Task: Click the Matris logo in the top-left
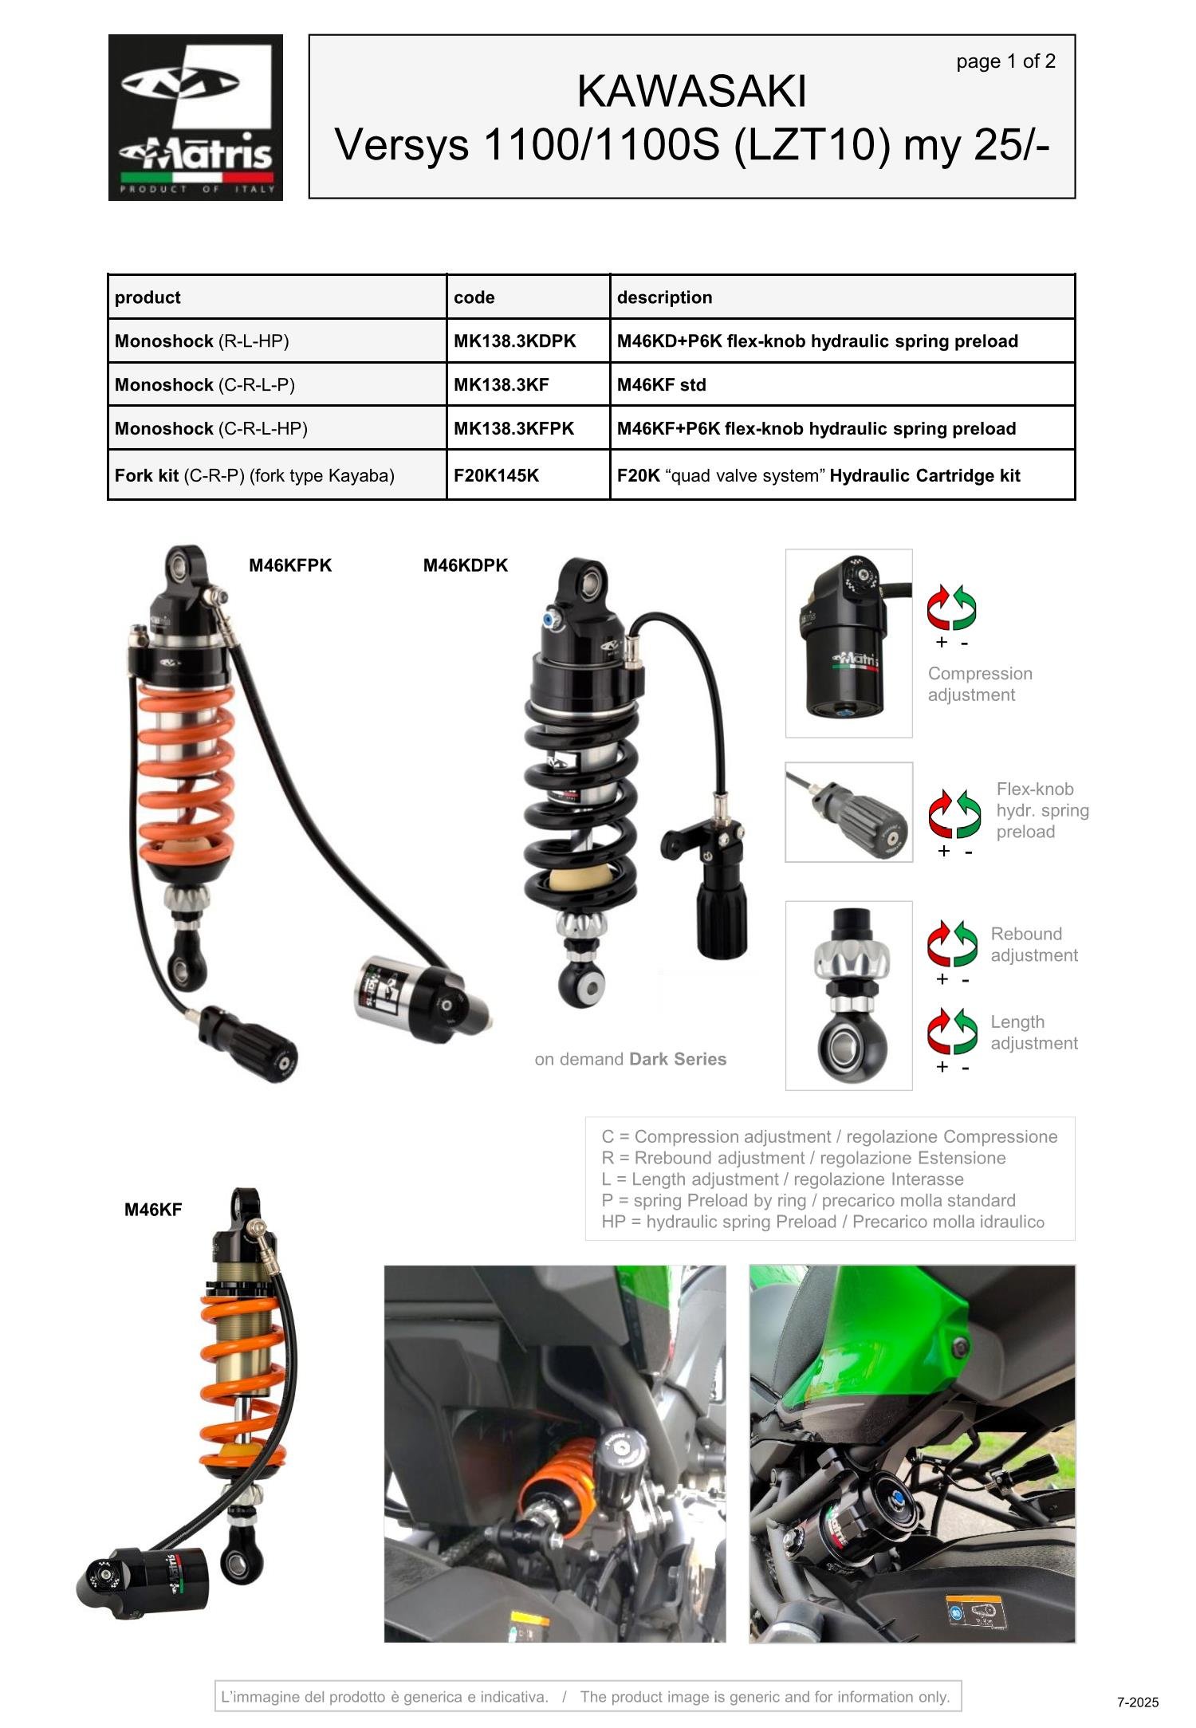[x=195, y=117]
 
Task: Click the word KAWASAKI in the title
[x=691, y=92]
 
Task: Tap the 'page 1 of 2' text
[x=1005, y=61]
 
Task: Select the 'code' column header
[x=474, y=297]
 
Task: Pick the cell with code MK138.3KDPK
[x=514, y=341]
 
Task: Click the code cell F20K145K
[x=496, y=476]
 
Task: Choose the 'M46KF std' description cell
[x=661, y=385]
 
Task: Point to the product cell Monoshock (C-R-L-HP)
[x=210, y=429]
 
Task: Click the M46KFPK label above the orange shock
[x=290, y=565]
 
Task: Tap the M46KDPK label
[x=465, y=565]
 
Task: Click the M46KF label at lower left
[x=153, y=1210]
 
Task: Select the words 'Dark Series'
[x=677, y=1059]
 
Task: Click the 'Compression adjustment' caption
[x=979, y=684]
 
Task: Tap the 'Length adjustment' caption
[x=1033, y=1033]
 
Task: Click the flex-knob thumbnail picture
[x=848, y=812]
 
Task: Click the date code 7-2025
[x=1137, y=1702]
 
